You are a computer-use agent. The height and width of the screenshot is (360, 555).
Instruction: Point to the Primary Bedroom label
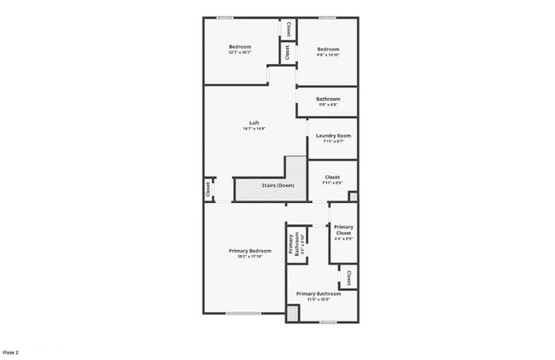[x=249, y=250]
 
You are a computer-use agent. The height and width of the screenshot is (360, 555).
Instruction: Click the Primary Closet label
[x=343, y=229]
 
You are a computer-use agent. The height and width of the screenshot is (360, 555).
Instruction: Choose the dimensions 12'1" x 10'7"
[x=240, y=53]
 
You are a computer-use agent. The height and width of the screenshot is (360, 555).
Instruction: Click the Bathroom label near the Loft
[x=328, y=99]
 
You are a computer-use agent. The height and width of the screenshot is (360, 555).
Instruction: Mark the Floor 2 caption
[x=11, y=351]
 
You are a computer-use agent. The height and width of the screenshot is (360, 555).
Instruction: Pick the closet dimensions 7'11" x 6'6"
[x=332, y=183]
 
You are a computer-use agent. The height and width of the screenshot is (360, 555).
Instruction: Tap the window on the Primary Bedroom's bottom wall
[x=242, y=314]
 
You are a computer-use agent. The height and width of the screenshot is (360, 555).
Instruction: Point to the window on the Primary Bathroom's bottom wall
[x=325, y=322]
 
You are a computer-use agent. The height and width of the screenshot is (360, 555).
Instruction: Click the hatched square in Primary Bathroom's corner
[x=293, y=314]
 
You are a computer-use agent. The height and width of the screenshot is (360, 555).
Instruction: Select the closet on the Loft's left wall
[x=207, y=189]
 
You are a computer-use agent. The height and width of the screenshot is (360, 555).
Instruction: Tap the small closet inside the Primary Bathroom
[x=350, y=276]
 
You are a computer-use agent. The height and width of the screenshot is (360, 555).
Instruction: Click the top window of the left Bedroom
[x=226, y=18]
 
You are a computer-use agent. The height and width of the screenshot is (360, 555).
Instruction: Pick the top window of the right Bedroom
[x=326, y=18]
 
